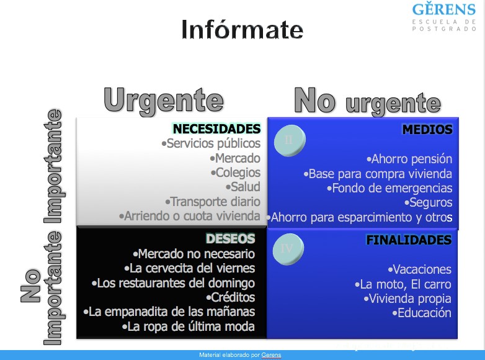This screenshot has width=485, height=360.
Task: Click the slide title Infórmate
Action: [x=242, y=29]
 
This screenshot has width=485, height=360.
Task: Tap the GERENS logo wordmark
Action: [x=444, y=9]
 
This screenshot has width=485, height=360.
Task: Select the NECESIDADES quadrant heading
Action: [x=216, y=128]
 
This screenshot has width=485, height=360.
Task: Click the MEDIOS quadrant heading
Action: [x=427, y=129]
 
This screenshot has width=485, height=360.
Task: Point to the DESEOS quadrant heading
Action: [x=231, y=239]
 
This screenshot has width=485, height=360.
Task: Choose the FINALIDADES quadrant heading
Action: [x=409, y=240]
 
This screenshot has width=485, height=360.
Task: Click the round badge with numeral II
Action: [x=290, y=140]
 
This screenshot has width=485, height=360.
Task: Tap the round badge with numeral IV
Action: [x=288, y=249]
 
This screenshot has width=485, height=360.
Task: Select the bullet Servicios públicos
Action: [x=211, y=143]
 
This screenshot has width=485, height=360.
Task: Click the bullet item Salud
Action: [x=243, y=187]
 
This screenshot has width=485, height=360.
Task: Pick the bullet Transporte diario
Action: [x=213, y=202]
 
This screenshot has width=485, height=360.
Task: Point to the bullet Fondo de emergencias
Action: [x=389, y=188]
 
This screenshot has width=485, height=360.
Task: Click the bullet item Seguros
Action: [x=429, y=202]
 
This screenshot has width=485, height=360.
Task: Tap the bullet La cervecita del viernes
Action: [x=190, y=268]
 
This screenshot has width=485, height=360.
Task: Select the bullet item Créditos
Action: [x=231, y=297]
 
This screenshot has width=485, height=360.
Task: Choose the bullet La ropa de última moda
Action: [x=189, y=326]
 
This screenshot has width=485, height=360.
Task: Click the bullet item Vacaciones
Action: [x=420, y=269]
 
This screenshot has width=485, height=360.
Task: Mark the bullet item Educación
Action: [x=422, y=313]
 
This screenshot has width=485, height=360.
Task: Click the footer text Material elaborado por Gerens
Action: [x=240, y=355]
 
